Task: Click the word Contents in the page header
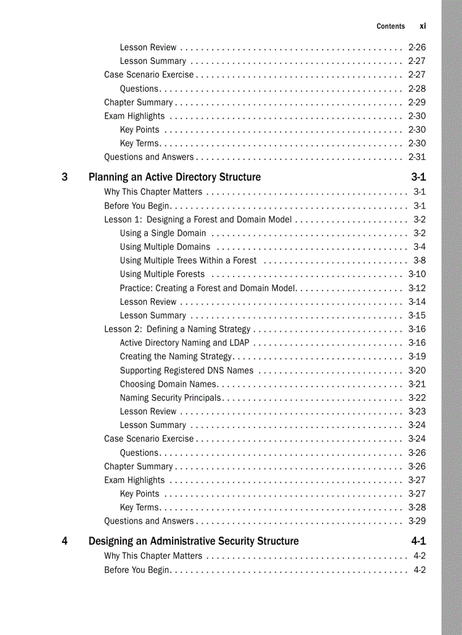click(391, 26)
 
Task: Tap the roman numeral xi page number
click(422, 26)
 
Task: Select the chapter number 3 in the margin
click(65, 177)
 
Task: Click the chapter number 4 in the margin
click(65, 541)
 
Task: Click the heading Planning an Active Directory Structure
click(174, 177)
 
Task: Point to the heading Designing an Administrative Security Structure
click(193, 541)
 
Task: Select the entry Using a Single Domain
click(163, 233)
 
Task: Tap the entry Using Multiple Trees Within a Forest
click(188, 260)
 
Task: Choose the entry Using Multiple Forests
click(162, 274)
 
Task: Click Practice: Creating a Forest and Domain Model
click(208, 288)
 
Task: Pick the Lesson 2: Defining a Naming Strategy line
click(177, 329)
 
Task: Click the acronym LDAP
click(239, 343)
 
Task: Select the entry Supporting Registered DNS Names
click(186, 370)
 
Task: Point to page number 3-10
click(417, 274)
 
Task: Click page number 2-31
click(417, 157)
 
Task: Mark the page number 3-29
click(417, 521)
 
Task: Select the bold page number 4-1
click(418, 541)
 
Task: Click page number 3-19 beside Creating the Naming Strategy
click(417, 356)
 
